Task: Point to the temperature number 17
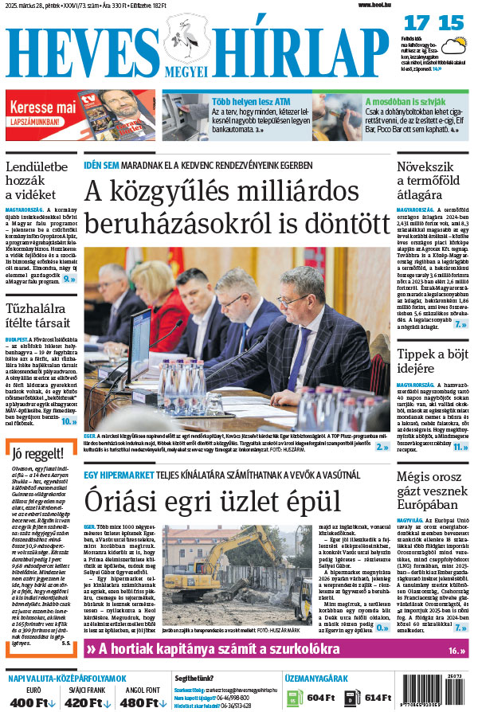coord(417,24)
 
